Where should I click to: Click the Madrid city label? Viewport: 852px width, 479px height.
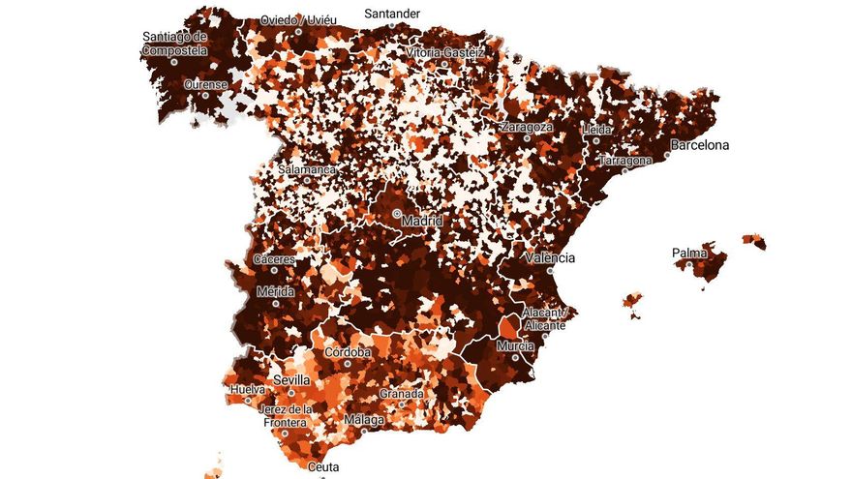(422, 222)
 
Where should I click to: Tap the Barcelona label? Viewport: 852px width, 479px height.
(700, 146)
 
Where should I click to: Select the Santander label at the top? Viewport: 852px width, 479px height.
(392, 14)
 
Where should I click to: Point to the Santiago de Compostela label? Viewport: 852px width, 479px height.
(175, 43)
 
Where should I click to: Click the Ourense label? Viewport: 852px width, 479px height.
(206, 84)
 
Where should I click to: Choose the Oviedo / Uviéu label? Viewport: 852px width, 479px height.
(297, 20)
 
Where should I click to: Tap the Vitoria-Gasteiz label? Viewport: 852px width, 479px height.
(439, 51)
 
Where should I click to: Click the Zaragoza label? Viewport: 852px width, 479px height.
(528, 127)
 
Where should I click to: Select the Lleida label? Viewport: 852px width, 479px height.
(596, 130)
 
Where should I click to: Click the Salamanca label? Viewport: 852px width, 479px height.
(307, 169)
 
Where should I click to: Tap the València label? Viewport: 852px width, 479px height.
(550, 258)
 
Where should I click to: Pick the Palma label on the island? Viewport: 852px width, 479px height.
(689, 254)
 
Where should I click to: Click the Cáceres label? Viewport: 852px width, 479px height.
(275, 259)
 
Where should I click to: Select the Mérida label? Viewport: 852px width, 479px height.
(275, 291)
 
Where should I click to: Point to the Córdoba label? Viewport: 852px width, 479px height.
(348, 352)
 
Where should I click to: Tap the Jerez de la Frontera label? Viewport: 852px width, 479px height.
(286, 415)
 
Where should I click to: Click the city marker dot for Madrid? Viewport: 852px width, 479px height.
(397, 213)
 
